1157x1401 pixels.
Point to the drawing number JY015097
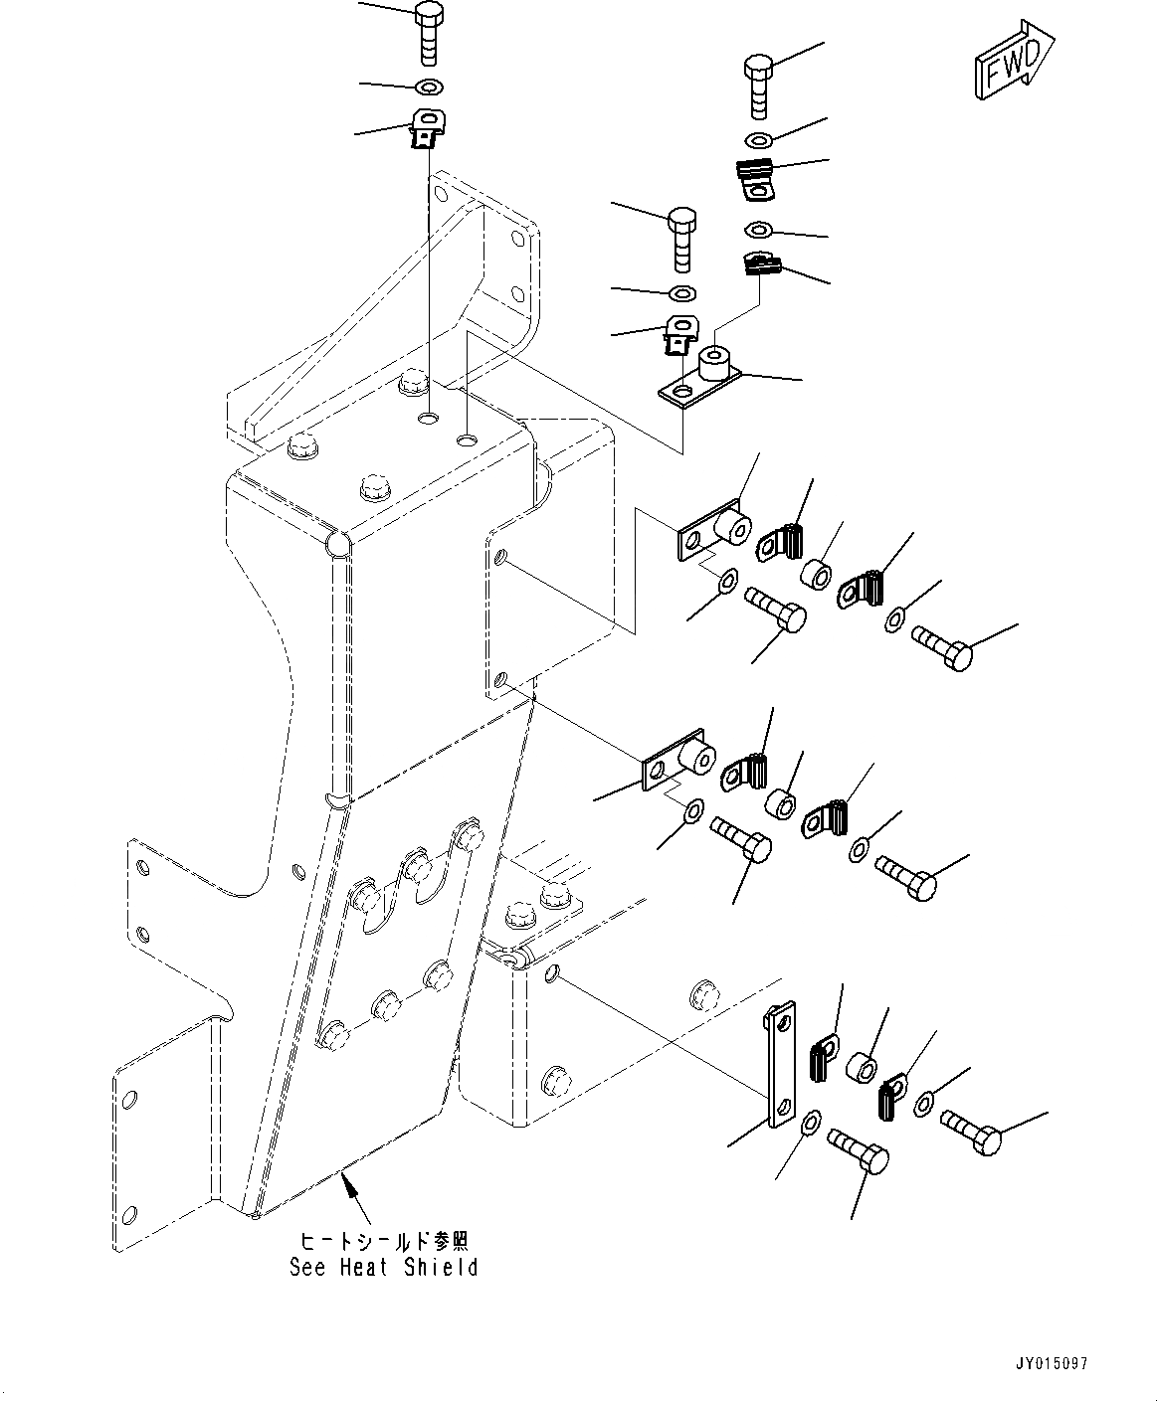(x=1052, y=1364)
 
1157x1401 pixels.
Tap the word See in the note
(x=308, y=1268)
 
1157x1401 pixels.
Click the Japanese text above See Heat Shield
(x=383, y=1241)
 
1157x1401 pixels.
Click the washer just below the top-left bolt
(x=429, y=87)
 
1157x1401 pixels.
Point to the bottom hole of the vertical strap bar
(x=784, y=1108)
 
